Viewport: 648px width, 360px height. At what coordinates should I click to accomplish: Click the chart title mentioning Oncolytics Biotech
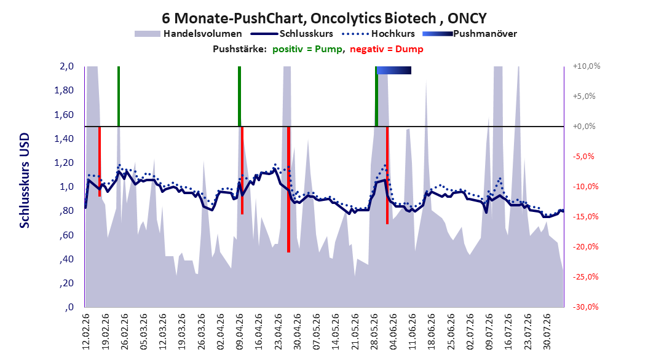[324, 18]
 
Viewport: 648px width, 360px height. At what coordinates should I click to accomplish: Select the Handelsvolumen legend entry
[189, 34]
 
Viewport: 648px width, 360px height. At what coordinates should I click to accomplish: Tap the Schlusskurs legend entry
[291, 34]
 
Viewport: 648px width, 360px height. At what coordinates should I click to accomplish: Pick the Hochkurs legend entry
[377, 34]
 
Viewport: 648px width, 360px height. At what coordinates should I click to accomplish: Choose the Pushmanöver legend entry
[470, 34]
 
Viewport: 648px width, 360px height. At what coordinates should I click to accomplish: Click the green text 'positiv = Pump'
[307, 49]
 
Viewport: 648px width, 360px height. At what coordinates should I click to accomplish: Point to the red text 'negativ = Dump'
[387, 49]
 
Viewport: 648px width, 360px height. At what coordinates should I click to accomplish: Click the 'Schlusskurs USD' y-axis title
[25, 181]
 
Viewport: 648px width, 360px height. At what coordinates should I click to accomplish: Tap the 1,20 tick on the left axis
[64, 163]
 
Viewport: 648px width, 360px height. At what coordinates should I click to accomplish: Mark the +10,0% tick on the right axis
[587, 66]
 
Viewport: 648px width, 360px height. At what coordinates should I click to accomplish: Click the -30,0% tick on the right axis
[585, 307]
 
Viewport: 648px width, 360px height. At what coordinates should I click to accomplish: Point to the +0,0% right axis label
[584, 127]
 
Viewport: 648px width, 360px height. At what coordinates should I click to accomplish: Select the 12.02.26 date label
[86, 332]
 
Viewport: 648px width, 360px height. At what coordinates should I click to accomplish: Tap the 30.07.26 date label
[547, 332]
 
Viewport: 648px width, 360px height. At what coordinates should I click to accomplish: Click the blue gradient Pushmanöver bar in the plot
[394, 70]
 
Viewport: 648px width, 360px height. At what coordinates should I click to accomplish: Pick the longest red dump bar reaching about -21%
[288, 189]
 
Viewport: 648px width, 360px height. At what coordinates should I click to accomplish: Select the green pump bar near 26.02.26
[119, 96]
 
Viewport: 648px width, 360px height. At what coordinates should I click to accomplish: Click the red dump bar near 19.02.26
[100, 162]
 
